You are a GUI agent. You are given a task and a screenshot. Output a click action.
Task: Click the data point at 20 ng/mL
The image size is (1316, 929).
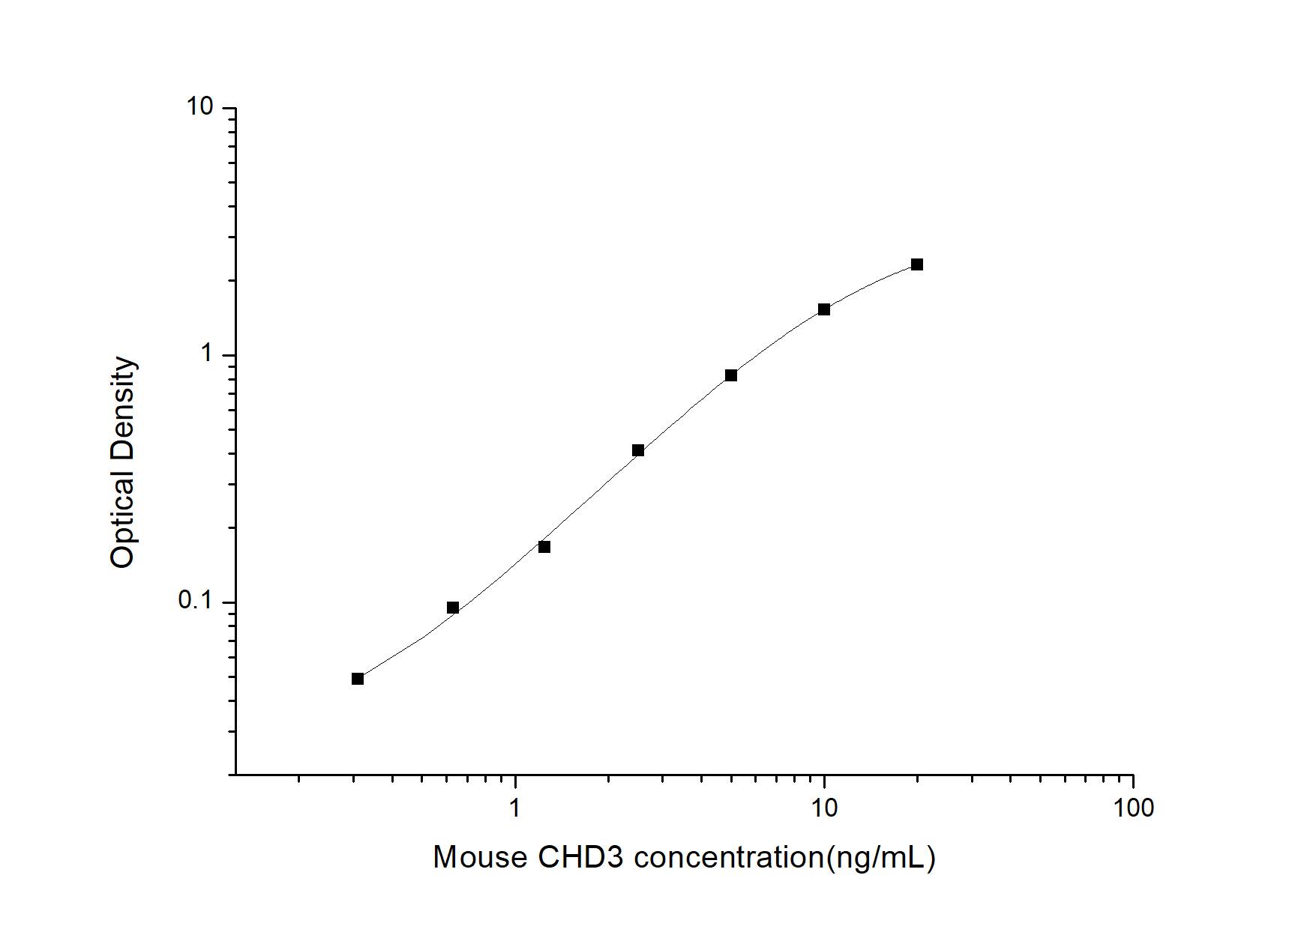pos(916,264)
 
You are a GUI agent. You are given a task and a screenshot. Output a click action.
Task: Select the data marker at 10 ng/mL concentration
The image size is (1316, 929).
pos(823,309)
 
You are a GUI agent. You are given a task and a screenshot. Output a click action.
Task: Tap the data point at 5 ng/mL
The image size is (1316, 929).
pos(730,375)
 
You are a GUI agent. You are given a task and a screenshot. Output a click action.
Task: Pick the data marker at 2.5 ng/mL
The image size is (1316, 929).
pos(637,450)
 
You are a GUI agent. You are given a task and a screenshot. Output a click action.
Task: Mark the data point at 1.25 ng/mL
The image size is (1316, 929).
pos(544,547)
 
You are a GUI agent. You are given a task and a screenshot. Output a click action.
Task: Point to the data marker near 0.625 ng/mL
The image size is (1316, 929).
pos(452,608)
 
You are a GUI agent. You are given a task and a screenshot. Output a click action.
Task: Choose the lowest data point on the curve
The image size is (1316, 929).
pos(358,679)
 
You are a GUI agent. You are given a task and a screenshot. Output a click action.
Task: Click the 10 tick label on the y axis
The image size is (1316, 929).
pos(199,107)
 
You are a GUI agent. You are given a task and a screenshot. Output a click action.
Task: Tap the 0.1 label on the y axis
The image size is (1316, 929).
pos(195,601)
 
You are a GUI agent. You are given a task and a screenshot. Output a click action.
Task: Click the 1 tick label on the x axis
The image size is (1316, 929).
pos(514,808)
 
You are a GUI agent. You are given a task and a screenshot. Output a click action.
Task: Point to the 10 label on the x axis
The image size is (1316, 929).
pos(824,808)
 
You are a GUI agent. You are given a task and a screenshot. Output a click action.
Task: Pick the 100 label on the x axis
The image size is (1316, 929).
pos(1133,808)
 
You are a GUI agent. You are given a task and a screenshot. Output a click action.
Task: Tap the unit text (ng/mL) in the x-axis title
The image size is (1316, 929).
pos(880,858)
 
